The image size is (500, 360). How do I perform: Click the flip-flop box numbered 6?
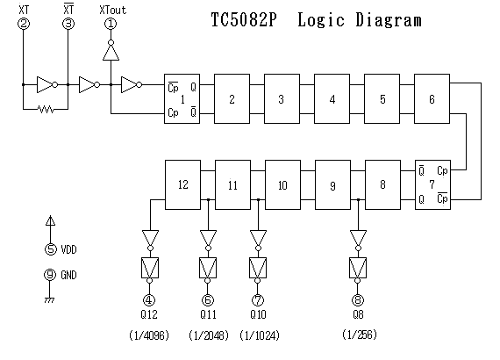432,98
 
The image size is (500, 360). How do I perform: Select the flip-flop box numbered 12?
182,184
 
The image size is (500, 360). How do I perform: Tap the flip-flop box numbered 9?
332,184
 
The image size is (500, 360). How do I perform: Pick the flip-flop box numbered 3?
282,98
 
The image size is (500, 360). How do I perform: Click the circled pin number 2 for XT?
24,24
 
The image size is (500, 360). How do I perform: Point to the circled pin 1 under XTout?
111,24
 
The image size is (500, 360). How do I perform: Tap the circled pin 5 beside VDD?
50,249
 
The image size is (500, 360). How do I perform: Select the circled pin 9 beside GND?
50,275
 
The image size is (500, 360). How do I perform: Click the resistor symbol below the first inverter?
46,109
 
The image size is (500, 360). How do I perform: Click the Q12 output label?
149,314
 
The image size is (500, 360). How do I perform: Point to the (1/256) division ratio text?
360,335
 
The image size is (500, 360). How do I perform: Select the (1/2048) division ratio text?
209,335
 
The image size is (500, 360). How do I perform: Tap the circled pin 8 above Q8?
358,300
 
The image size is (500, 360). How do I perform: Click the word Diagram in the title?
389,20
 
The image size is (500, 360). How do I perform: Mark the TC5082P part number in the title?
244,20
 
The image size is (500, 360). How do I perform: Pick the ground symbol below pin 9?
49,300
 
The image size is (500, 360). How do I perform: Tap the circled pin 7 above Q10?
258,300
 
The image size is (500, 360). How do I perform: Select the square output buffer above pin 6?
208,268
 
